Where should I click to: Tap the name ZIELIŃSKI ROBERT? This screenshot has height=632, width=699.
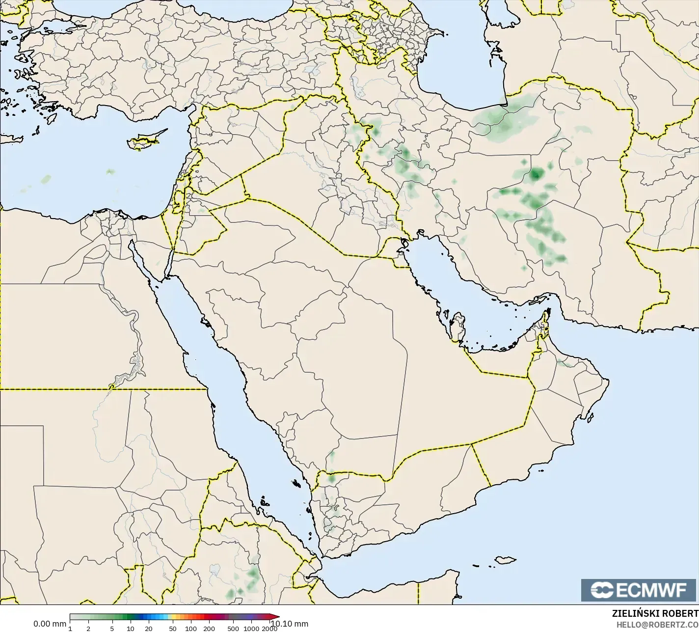click(655, 613)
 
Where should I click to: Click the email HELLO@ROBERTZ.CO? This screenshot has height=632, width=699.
click(657, 625)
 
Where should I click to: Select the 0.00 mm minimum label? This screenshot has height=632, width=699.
click(49, 624)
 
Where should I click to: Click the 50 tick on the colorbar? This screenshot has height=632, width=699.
click(172, 628)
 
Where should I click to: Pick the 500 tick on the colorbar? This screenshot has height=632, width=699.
click(233, 628)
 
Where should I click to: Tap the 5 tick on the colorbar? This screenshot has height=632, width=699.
click(112, 628)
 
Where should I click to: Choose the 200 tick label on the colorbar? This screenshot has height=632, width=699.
click(209, 628)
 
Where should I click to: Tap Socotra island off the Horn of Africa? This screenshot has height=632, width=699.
click(505, 560)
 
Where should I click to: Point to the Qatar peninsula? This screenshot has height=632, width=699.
click(458, 327)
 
